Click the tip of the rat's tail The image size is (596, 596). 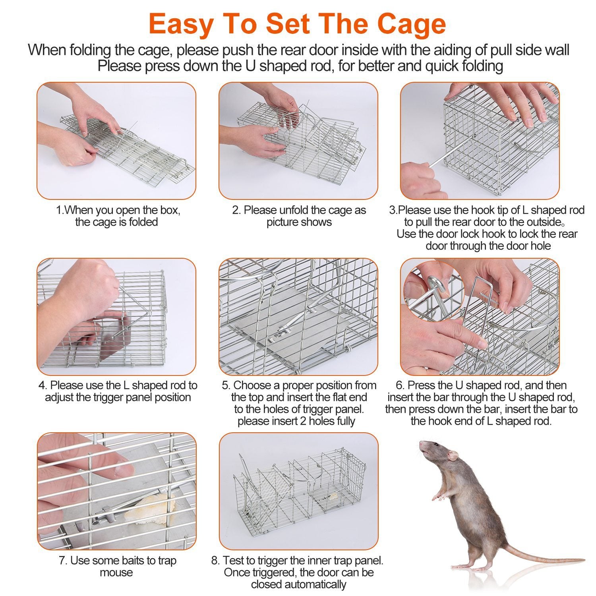point(583,561)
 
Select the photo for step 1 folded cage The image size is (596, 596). point(116,141)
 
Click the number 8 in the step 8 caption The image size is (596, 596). point(215,561)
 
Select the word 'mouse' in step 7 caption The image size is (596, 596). point(116,573)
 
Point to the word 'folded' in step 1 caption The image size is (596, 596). point(140,222)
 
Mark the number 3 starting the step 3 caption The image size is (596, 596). point(391,210)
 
